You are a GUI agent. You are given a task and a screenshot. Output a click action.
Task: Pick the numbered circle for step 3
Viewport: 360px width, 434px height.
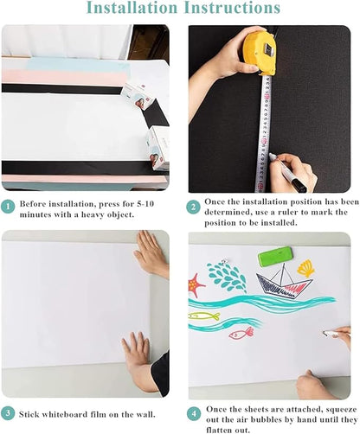(x=8, y=412)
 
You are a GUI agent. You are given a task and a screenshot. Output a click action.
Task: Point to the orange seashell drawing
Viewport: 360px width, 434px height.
(x=306, y=269)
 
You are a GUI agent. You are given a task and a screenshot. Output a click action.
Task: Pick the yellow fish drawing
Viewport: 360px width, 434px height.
(x=203, y=316)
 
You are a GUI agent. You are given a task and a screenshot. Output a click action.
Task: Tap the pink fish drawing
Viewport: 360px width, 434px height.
(x=241, y=332)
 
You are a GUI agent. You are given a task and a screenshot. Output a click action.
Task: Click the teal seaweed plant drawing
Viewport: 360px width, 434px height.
(x=227, y=278)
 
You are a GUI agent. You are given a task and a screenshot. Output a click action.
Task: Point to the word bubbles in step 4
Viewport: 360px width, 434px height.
(x=245, y=419)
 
